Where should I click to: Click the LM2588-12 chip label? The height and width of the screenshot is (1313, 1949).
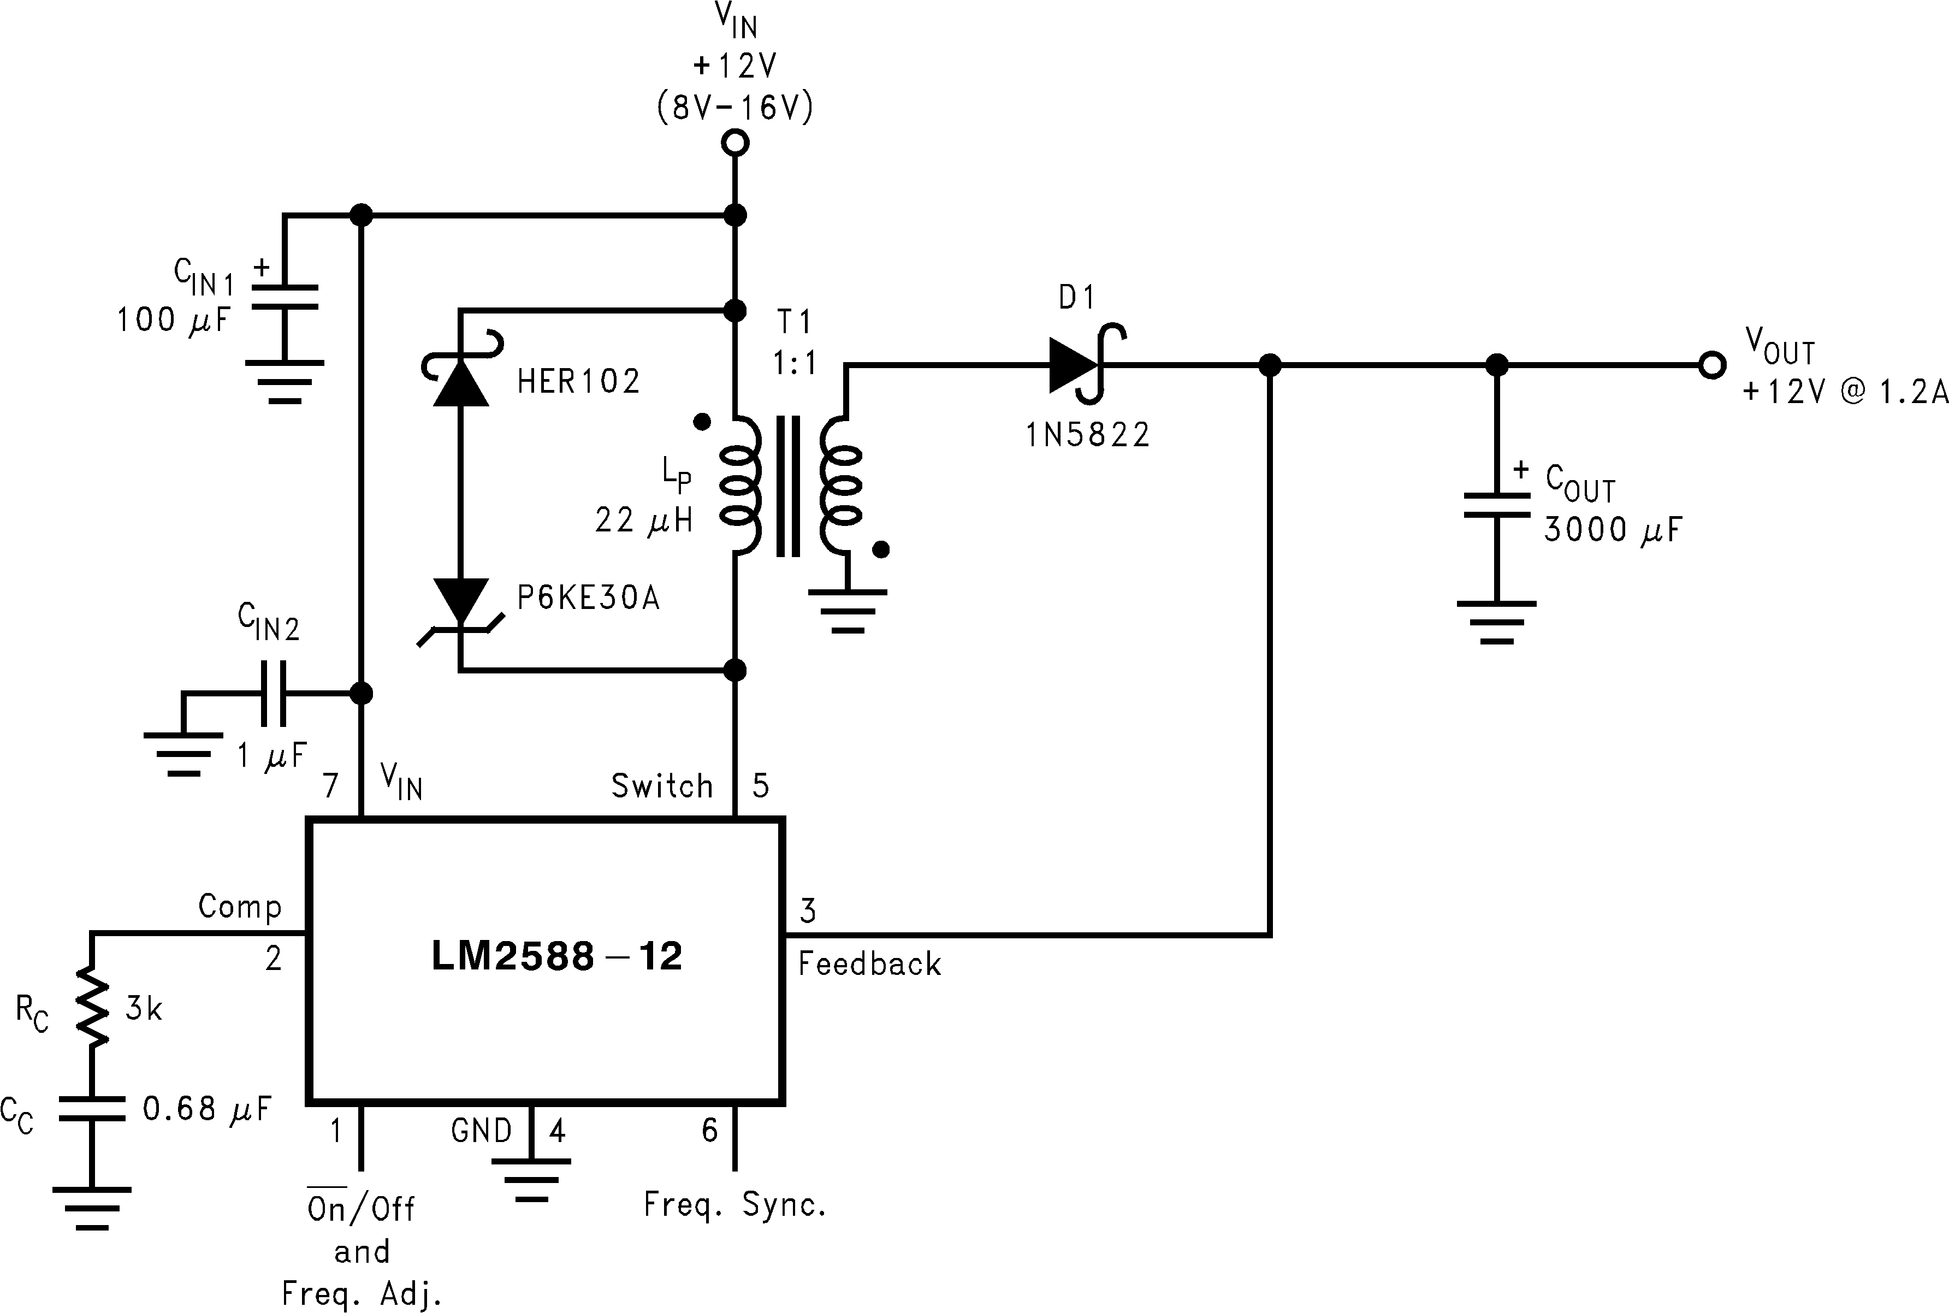(x=556, y=956)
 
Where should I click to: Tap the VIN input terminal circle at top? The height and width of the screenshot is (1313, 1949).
(x=735, y=143)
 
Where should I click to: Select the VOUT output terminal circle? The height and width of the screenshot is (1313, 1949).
(x=1712, y=365)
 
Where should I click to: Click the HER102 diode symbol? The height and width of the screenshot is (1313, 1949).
(x=460, y=381)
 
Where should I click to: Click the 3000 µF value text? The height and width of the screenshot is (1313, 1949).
(x=1612, y=530)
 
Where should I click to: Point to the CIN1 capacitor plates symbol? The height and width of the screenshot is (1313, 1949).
(x=285, y=297)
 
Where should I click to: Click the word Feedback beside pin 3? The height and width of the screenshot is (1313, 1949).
(x=869, y=964)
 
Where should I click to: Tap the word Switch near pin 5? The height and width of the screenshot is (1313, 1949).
(x=661, y=785)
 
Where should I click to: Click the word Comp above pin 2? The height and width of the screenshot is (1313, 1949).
(x=239, y=906)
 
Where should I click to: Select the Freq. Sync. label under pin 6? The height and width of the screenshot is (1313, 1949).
(x=735, y=1205)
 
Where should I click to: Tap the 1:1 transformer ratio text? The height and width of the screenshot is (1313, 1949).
(x=793, y=363)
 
